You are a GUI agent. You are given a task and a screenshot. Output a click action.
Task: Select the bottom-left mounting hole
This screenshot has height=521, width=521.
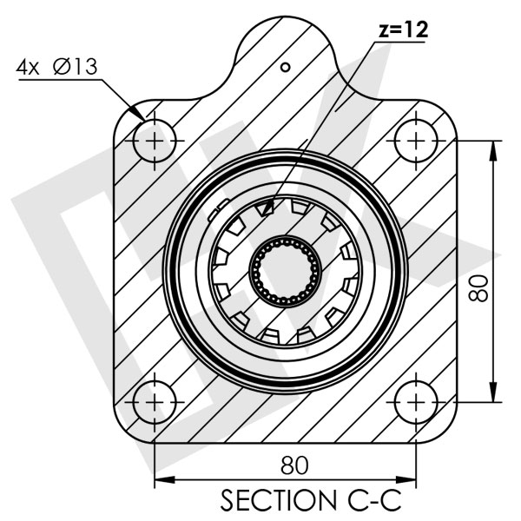(155, 402)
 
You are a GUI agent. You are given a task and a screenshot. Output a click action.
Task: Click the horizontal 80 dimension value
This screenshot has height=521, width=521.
(294, 465)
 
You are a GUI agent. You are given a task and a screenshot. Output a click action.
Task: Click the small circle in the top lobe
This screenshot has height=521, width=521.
(283, 66)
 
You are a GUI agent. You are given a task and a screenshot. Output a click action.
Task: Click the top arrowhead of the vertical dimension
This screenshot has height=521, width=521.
(495, 148)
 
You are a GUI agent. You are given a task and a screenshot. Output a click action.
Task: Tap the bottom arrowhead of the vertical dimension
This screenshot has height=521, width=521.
(495, 394)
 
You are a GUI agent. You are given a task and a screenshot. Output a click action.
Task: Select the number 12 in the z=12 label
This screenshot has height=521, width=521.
(418, 28)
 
